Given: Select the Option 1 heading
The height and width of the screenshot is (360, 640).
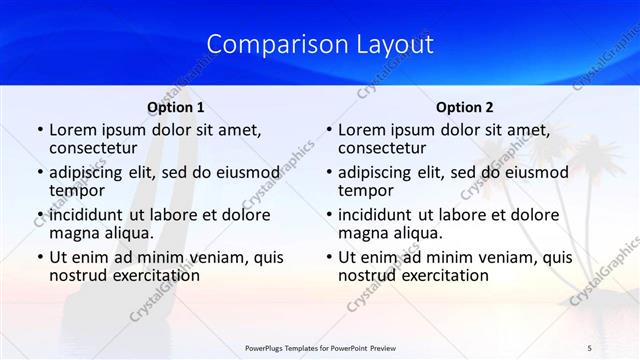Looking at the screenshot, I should click(176, 107).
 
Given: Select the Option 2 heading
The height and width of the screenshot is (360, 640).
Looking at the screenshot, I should click(465, 107).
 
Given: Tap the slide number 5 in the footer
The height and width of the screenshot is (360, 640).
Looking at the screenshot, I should click(590, 348).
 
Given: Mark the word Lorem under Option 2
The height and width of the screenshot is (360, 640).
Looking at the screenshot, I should click(361, 130).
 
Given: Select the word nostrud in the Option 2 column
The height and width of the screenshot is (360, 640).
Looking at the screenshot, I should click(367, 275).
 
